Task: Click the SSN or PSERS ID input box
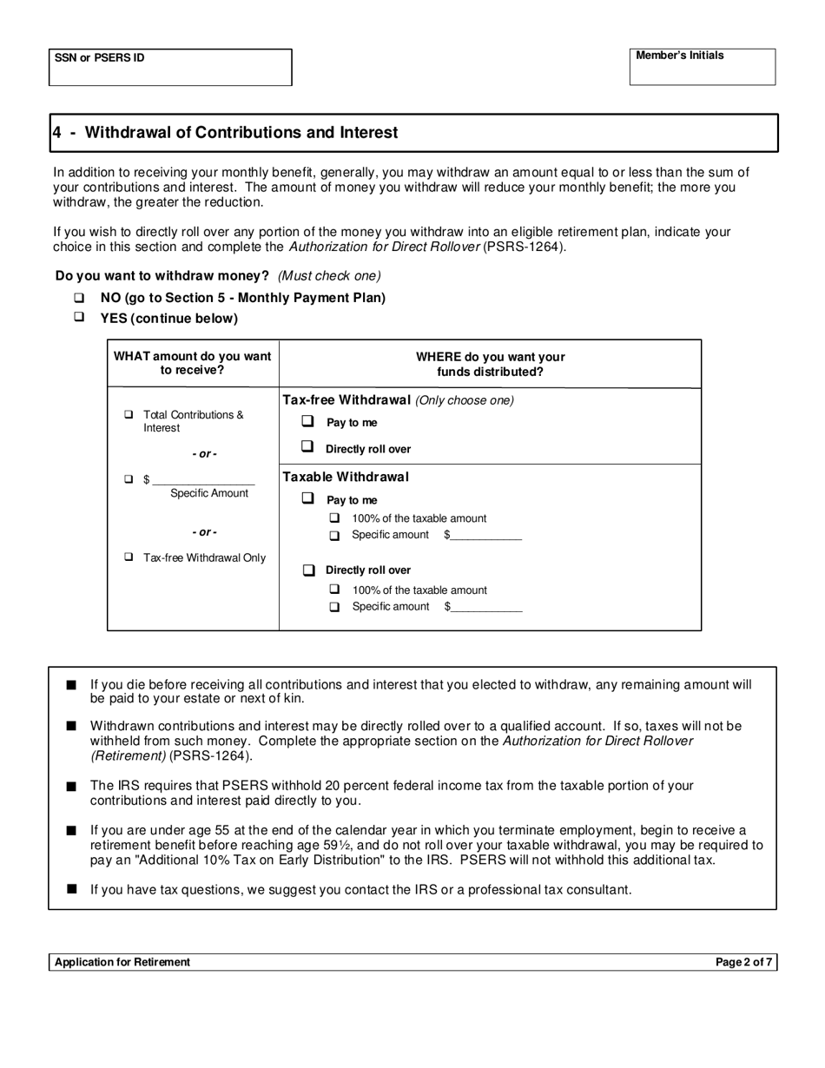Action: click(169, 68)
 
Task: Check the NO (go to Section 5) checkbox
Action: click(79, 298)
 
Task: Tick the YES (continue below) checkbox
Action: click(79, 318)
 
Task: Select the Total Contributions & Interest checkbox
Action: click(129, 415)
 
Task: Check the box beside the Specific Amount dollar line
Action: click(129, 479)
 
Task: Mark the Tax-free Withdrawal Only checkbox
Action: click(129, 557)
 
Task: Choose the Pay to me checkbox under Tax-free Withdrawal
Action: click(307, 422)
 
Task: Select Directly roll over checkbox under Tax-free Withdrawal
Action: click(307, 448)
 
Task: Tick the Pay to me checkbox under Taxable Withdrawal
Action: click(307, 499)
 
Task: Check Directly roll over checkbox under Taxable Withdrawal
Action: click(307, 570)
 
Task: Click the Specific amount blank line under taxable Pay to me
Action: click(486, 536)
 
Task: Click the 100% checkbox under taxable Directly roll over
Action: click(334, 590)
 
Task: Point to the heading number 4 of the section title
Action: click(56, 133)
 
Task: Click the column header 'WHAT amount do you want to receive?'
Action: click(192, 363)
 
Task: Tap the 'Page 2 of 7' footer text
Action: click(743, 962)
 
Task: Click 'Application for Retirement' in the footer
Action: click(122, 962)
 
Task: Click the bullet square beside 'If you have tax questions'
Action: click(71, 889)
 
